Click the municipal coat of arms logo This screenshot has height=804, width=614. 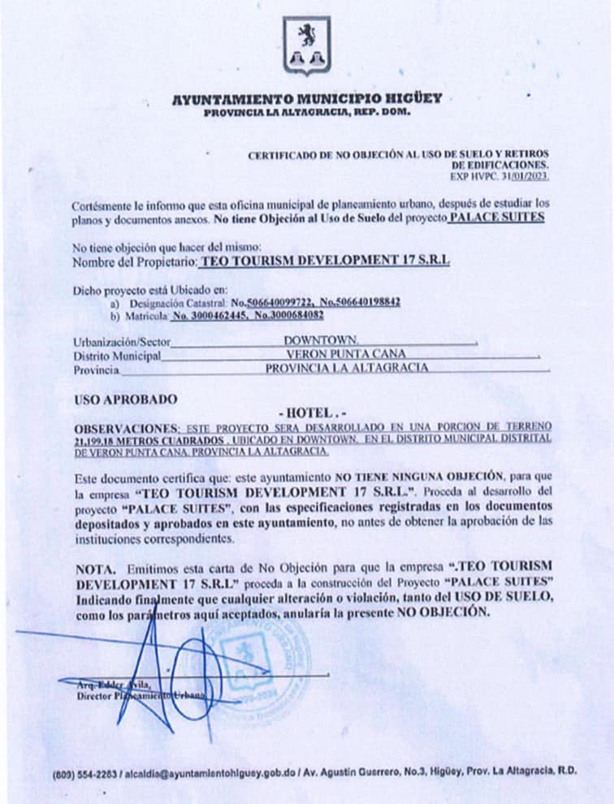pos(306,45)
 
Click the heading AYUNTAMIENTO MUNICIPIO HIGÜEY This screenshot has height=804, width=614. pos(307,99)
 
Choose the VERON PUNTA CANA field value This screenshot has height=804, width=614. pos(345,354)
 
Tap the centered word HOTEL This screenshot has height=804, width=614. pos(306,413)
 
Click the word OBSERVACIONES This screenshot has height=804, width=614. pos(126,426)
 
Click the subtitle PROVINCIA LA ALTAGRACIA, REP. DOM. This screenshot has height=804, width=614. pos(307,112)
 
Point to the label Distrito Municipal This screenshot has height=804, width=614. pos(117,355)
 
